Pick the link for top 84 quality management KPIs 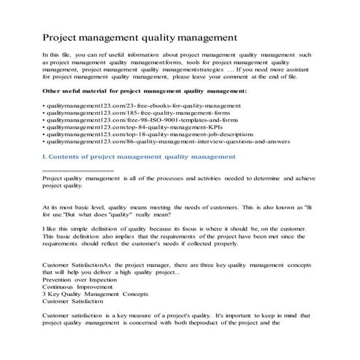(116, 134)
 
